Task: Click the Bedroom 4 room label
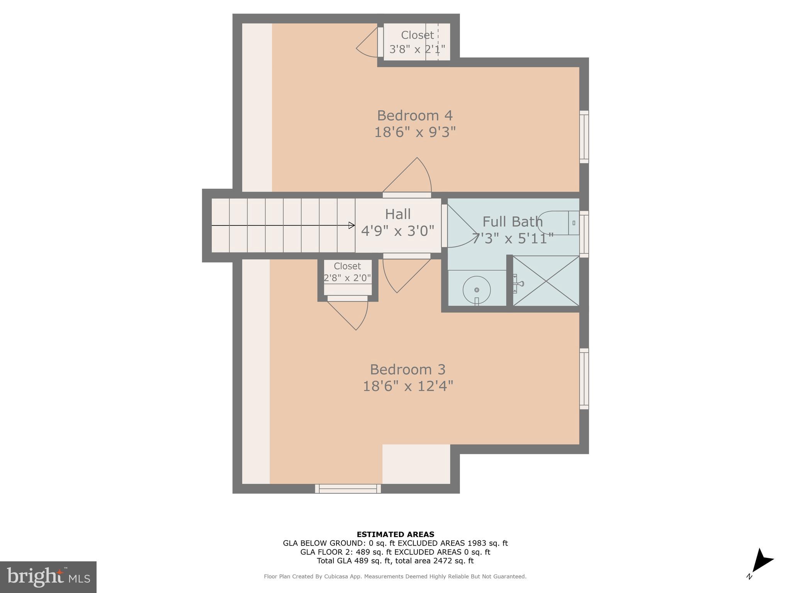click(x=414, y=115)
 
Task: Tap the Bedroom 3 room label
click(x=407, y=369)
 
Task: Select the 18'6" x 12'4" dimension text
click(x=407, y=386)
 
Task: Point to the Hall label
click(x=397, y=214)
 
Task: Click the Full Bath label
click(x=512, y=222)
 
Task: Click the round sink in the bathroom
click(x=477, y=290)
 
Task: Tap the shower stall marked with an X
click(x=546, y=281)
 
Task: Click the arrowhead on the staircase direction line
click(x=351, y=225)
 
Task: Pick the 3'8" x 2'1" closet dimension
click(x=417, y=49)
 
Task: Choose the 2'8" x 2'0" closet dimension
click(x=347, y=278)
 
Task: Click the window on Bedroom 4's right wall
click(x=584, y=137)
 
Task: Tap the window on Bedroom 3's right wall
click(x=584, y=379)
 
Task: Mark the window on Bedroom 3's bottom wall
click(x=348, y=489)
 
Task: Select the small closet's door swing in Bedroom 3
click(x=350, y=315)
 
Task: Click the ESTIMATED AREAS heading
click(x=395, y=534)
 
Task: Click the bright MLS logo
click(x=48, y=577)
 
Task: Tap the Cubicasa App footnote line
click(x=395, y=576)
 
